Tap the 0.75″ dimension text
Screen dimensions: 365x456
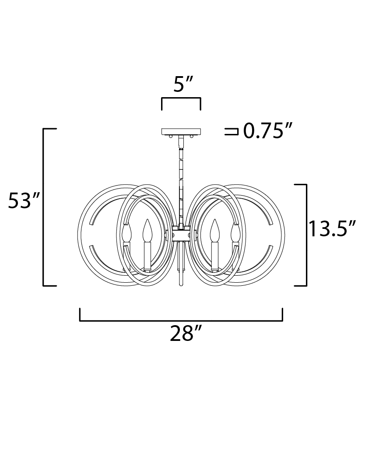click(267, 131)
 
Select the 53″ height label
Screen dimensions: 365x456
click(24, 200)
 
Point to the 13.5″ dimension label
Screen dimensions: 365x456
click(332, 229)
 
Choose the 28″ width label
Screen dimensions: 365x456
click(186, 333)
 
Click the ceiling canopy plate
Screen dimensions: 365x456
click(181, 131)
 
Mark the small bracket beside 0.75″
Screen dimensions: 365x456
click(232, 131)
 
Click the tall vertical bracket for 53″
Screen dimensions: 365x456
click(44, 207)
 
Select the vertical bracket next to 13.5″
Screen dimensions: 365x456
click(306, 235)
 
